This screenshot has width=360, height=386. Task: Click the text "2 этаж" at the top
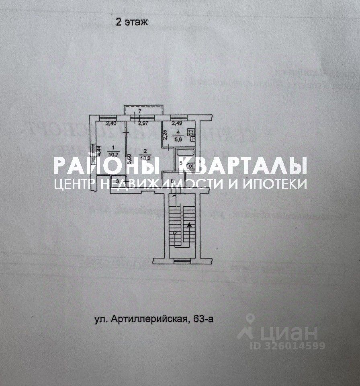pos(132,22)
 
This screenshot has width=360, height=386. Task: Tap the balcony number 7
pos(140,111)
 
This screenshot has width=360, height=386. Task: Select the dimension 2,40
pos(111,123)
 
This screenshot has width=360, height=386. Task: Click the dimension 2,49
pos(177,123)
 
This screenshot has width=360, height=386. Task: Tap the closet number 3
pos(117,182)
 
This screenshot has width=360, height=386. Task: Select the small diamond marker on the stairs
pos(174,233)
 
